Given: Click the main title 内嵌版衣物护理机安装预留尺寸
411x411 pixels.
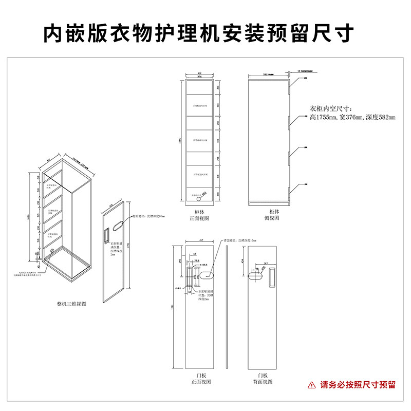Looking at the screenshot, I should pos(198,34).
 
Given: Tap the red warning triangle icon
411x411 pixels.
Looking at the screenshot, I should pos(311,384).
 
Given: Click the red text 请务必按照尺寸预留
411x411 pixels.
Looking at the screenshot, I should pos(358,384).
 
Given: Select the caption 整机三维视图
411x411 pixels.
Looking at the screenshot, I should pos(71,304).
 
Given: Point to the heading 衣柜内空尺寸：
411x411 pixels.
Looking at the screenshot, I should pos(330,109).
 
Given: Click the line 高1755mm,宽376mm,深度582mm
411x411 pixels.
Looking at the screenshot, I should pos(352,118).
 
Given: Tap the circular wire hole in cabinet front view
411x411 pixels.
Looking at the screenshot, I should pos(204,194).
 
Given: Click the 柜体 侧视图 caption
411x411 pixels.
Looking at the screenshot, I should pos(274,215).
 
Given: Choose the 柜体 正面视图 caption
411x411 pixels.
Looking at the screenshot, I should pos(198,215).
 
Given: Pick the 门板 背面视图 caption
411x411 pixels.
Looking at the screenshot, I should pos(263,379).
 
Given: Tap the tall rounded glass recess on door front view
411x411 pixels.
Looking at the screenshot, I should pos(190,276).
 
